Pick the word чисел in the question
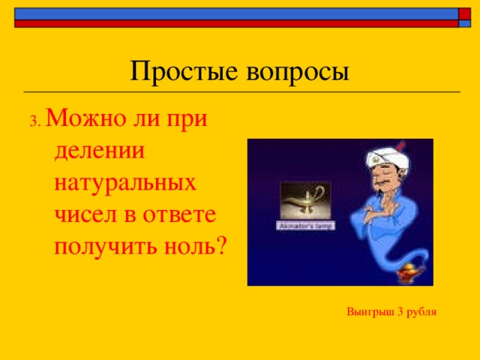(82, 214)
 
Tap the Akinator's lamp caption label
(304, 225)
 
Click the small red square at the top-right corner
(464, 13)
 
